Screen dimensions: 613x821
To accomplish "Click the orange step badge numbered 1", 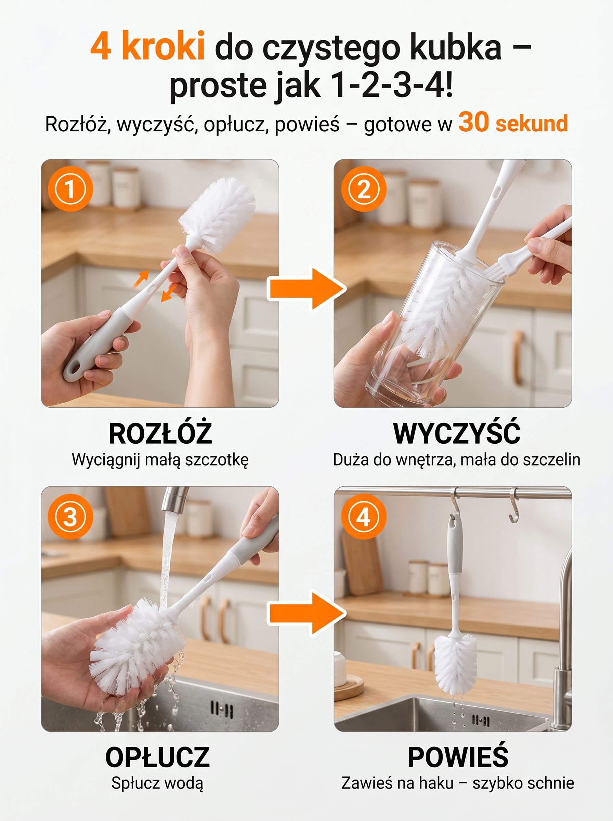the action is pyautogui.click(x=70, y=189).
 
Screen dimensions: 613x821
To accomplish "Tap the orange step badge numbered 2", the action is pyautogui.click(x=364, y=189).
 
